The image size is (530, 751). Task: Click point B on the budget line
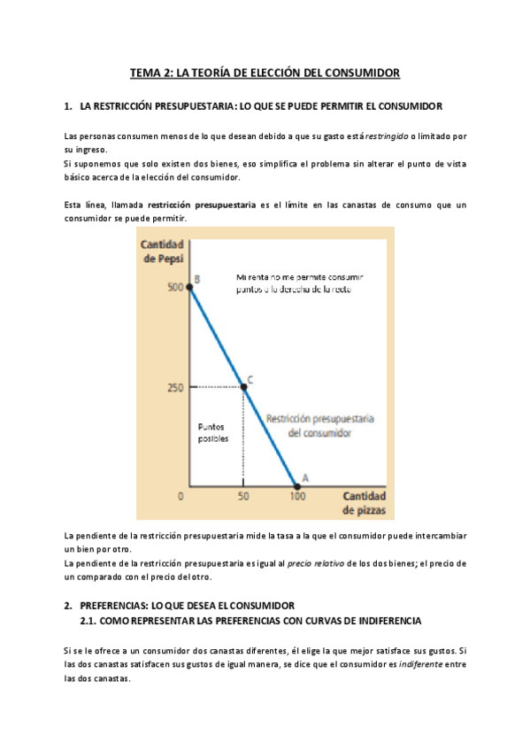(x=191, y=287)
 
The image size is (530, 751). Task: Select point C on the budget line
(x=243, y=386)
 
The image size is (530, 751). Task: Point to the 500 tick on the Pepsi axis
(x=175, y=288)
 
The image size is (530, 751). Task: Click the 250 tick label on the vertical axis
(x=175, y=387)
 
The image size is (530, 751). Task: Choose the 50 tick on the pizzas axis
(x=243, y=497)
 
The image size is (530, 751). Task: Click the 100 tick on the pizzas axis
(x=296, y=497)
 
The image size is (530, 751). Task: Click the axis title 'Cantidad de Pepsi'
(x=161, y=251)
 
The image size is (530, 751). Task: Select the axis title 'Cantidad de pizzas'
(x=364, y=503)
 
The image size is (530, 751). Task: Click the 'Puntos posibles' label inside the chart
(x=212, y=432)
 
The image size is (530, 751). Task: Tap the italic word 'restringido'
(x=387, y=135)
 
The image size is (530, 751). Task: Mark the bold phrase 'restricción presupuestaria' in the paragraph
(x=199, y=205)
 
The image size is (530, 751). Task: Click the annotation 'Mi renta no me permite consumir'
(x=300, y=276)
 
